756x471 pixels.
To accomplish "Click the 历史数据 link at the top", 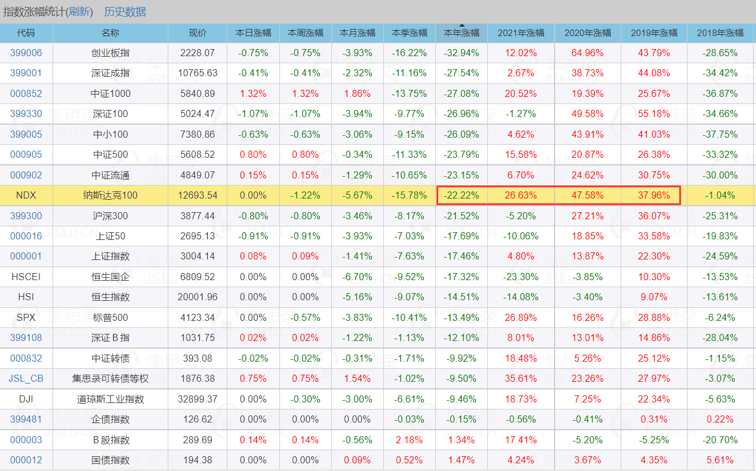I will [x=125, y=12].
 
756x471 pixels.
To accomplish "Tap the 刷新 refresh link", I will [x=80, y=12].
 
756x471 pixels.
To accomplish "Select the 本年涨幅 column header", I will [x=461, y=33].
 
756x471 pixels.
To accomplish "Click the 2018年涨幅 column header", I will [x=720, y=33].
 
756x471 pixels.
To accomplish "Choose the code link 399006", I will [x=26, y=53].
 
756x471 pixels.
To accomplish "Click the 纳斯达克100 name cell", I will [x=110, y=195].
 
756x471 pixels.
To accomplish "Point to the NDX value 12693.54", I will [x=197, y=195].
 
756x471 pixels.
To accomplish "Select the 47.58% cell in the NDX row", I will [x=587, y=195].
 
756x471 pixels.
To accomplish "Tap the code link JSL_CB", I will [x=26, y=379].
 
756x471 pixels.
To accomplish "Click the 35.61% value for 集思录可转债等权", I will [x=520, y=379].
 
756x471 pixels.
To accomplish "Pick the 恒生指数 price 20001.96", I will [x=197, y=297].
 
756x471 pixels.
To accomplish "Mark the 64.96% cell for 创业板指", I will [x=587, y=53].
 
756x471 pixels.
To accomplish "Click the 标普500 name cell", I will [x=110, y=317].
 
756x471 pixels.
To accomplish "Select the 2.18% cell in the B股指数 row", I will [x=409, y=440].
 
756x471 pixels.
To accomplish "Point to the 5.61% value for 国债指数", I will [x=720, y=460].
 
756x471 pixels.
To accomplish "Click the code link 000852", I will [x=26, y=93].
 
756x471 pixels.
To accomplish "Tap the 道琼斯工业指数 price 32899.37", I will [x=197, y=399].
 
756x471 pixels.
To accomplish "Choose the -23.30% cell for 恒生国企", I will [x=520, y=277].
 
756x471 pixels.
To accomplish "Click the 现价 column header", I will [x=197, y=33].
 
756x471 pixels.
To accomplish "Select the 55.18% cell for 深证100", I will [x=654, y=113].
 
